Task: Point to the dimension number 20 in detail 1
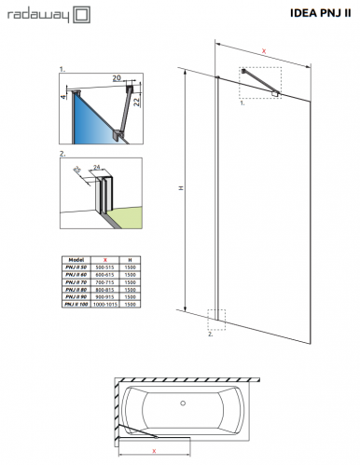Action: pos(116,79)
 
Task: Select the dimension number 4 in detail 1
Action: pos(63,95)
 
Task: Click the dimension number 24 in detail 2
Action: pos(97,169)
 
